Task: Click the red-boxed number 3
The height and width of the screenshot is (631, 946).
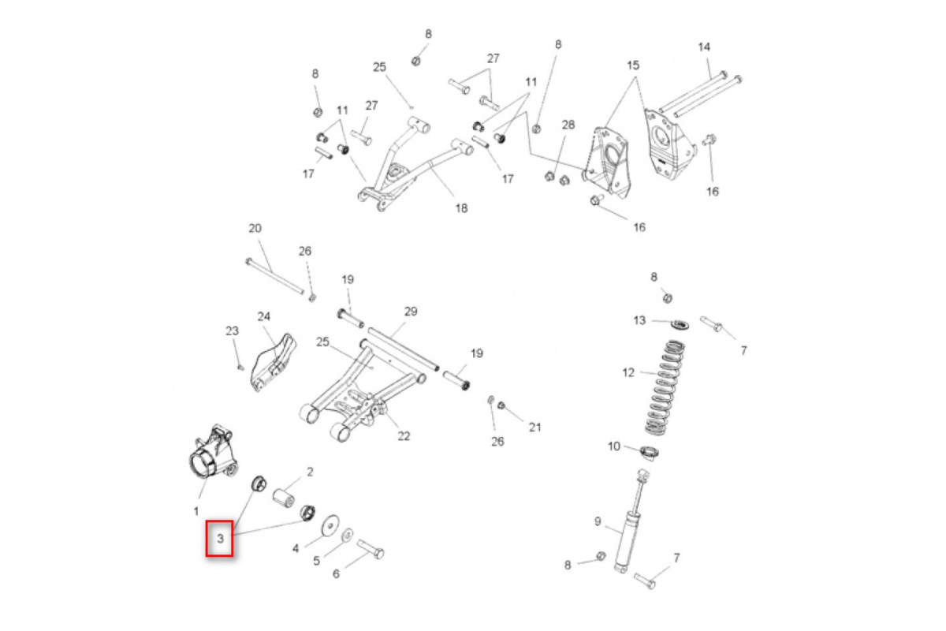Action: [x=220, y=540]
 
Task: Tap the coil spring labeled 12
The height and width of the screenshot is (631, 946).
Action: [x=663, y=386]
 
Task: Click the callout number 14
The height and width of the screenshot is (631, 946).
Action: [x=704, y=47]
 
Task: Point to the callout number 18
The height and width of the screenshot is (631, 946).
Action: [x=461, y=208]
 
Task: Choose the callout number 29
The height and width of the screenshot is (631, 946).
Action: [x=410, y=312]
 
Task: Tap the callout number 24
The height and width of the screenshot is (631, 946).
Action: [x=263, y=316]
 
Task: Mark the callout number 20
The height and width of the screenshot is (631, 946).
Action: [x=254, y=229]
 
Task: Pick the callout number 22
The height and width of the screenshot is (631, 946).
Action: [x=404, y=435]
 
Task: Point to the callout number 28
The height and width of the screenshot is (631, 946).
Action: [x=568, y=125]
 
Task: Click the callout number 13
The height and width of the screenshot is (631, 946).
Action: [x=639, y=320]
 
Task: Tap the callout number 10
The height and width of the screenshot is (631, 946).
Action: [x=614, y=446]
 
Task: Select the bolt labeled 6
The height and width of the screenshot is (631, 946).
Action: [x=370, y=547]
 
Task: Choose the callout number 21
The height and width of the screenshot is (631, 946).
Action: [x=534, y=428]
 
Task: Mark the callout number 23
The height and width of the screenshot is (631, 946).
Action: [x=232, y=330]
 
